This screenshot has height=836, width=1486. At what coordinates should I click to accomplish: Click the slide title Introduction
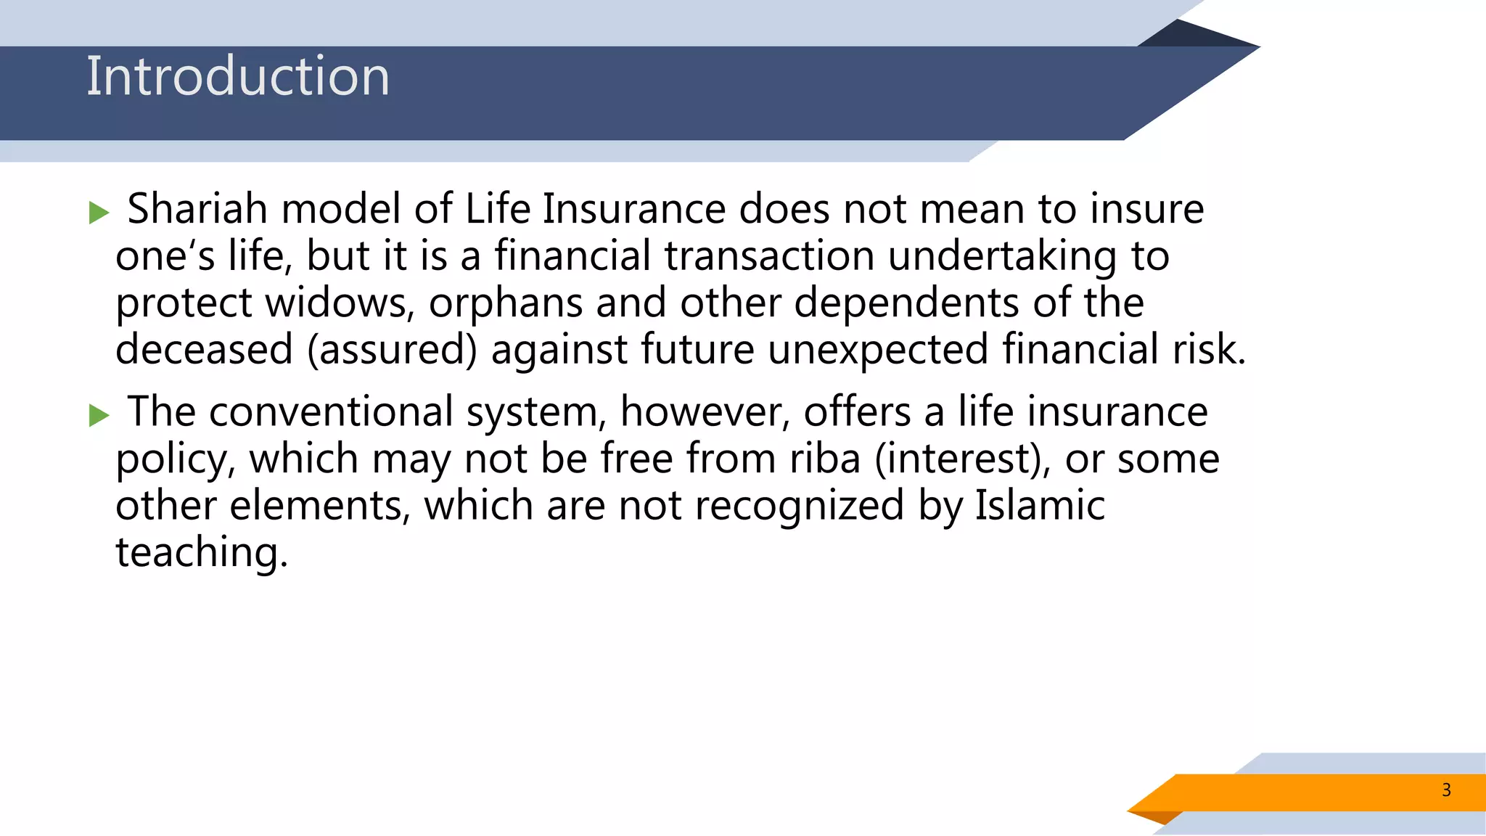[x=238, y=76]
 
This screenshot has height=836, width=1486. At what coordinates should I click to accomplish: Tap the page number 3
[x=1446, y=790]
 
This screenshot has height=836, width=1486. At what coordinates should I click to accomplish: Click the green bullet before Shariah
[x=99, y=213]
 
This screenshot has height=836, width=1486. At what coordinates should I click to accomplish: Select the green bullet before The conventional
[x=99, y=416]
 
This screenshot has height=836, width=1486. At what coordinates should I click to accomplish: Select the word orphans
[x=506, y=304]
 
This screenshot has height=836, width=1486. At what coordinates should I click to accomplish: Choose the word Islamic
[x=1039, y=505]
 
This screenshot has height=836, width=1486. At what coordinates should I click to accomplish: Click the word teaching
[x=202, y=553]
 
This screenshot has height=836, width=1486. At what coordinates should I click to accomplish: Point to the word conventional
[x=331, y=412]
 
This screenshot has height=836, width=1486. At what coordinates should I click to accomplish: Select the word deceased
[x=204, y=350]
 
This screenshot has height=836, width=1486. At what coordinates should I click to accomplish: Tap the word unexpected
[x=878, y=350]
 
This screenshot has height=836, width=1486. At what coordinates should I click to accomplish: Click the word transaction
[x=769, y=256]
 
